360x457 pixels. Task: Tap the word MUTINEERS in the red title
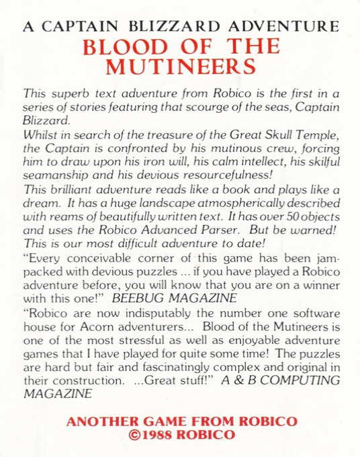[180, 67]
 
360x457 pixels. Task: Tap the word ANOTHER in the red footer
[98, 421]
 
